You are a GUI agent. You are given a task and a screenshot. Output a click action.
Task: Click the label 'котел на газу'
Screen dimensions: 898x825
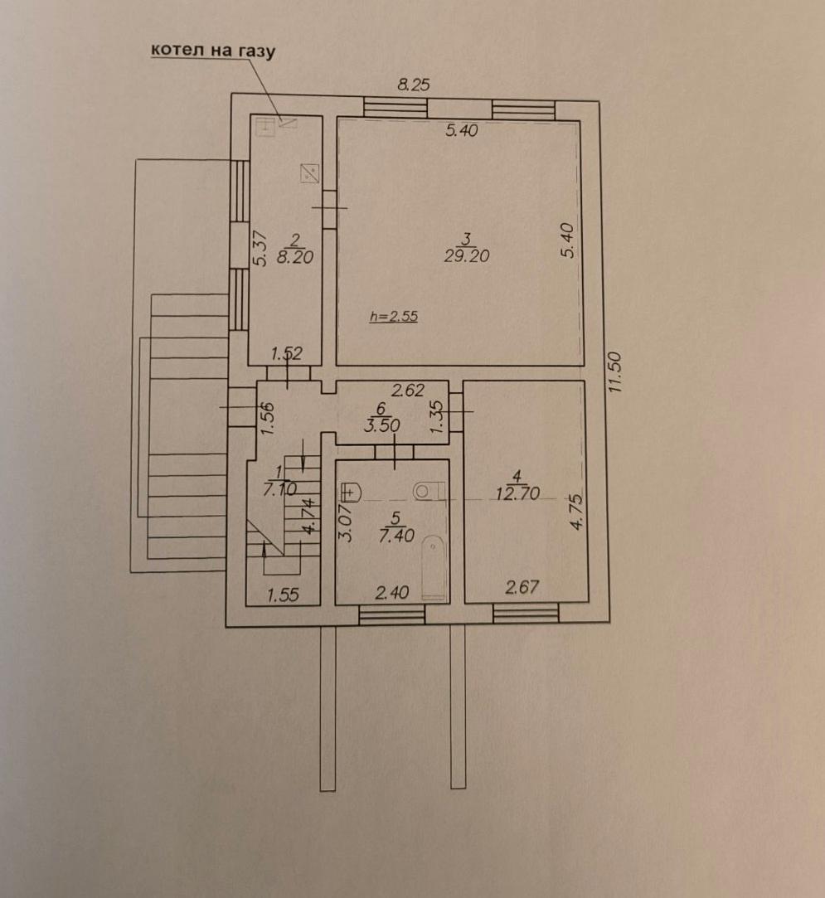point(211,50)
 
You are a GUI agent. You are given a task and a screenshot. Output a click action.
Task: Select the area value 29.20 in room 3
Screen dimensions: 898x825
point(467,256)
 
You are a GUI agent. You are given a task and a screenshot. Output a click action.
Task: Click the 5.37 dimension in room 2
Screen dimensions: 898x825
point(260,248)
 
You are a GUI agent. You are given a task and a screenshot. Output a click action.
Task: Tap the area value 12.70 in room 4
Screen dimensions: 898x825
point(518,493)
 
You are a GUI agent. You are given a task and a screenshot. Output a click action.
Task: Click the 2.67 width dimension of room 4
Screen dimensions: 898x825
point(522,588)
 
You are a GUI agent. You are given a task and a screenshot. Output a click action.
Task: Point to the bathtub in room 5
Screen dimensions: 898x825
point(433,567)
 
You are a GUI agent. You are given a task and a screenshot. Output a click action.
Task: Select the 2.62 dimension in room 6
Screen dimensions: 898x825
point(408,391)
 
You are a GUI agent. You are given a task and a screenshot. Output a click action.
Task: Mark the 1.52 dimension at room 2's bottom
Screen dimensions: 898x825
point(286,354)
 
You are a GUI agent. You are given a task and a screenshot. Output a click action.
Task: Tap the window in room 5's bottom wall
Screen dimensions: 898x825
point(391,614)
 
